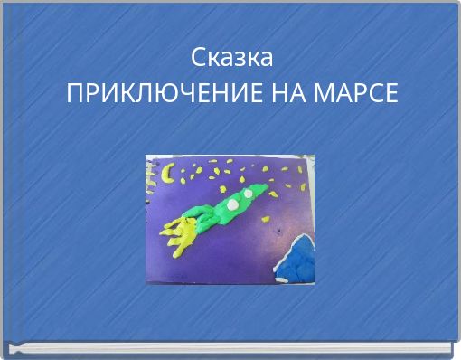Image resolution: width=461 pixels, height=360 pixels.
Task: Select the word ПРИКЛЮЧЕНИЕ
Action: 165,92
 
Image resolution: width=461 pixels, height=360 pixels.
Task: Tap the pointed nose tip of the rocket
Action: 266,185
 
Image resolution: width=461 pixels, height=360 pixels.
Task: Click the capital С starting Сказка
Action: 197,58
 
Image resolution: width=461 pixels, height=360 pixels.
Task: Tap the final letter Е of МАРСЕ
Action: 390,92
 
